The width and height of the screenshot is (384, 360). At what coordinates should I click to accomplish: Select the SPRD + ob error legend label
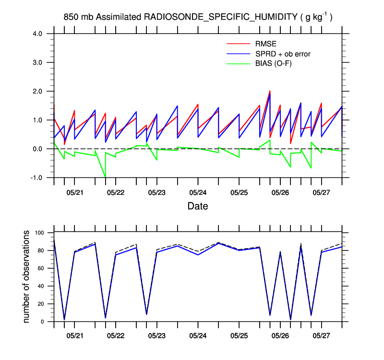click(x=283, y=54)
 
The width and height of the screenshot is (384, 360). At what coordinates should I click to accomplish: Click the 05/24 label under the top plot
click(x=198, y=192)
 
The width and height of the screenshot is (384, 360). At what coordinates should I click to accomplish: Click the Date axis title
click(x=198, y=206)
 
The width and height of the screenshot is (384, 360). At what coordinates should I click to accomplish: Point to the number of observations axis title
click(x=27, y=277)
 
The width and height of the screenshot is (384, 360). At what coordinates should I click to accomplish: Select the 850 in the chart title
click(x=70, y=17)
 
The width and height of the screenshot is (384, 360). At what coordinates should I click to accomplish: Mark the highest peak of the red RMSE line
click(x=270, y=91)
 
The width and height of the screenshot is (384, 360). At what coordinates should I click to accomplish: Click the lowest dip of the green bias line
click(x=105, y=177)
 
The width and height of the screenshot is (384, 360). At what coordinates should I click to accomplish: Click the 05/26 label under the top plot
click(x=280, y=192)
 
